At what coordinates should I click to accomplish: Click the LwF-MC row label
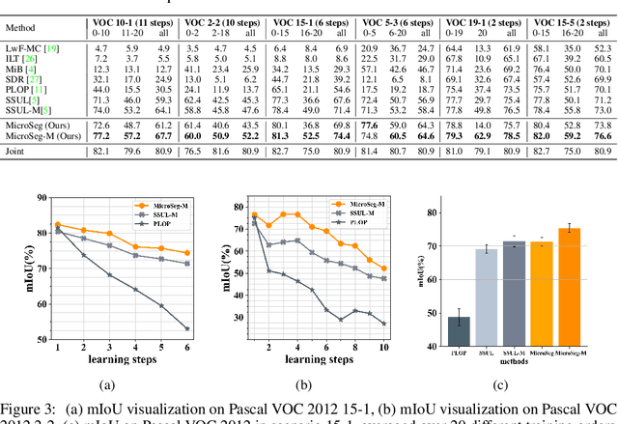coord(32,46)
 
